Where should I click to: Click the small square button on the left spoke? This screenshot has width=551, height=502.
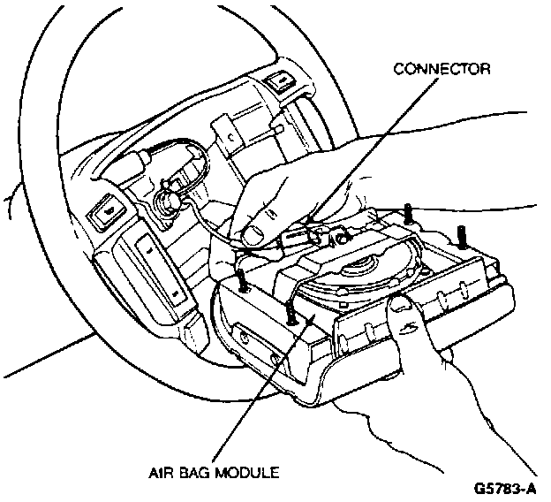[x=109, y=213]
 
